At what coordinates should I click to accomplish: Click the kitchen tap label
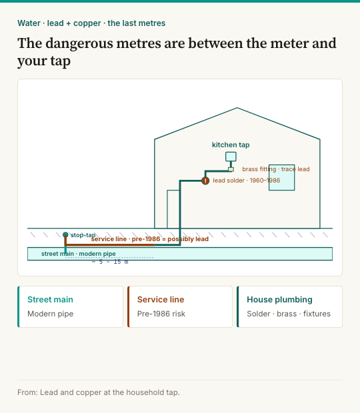pyautogui.click(x=231, y=145)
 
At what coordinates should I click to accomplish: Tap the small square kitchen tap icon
pyautogui.click(x=231, y=157)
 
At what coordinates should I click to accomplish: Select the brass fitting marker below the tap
pyautogui.click(x=231, y=169)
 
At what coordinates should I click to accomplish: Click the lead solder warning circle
pyautogui.click(x=205, y=181)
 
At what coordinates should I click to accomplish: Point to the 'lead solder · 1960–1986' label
pyautogui.click(x=247, y=181)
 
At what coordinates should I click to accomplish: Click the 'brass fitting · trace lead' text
pyautogui.click(x=275, y=169)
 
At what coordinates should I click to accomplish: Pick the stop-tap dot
pyautogui.click(x=65, y=234)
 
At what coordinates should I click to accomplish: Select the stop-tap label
pyautogui.click(x=83, y=235)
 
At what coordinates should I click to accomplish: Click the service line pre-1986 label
pyautogui.click(x=150, y=239)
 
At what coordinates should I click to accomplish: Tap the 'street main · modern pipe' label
pyautogui.click(x=79, y=254)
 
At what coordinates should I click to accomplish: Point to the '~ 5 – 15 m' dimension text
pyautogui.click(x=110, y=262)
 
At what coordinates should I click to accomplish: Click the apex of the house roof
pyautogui.click(x=237, y=108)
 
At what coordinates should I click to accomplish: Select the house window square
pyautogui.click(x=282, y=178)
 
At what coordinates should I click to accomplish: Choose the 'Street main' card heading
pyautogui.click(x=51, y=300)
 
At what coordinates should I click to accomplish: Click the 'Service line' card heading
pyautogui.click(x=161, y=300)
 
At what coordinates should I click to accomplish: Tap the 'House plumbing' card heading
pyautogui.click(x=279, y=300)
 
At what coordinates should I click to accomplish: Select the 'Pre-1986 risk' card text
pyautogui.click(x=161, y=314)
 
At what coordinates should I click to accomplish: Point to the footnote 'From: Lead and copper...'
pyautogui.click(x=99, y=392)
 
